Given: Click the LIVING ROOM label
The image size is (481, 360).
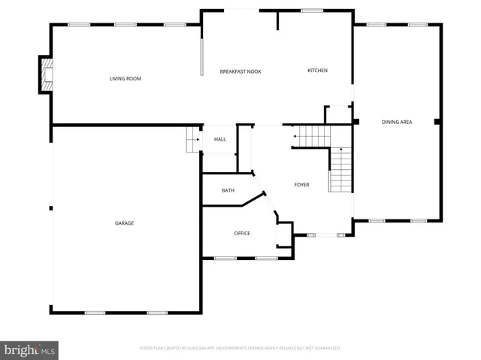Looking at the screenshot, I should point(126,78).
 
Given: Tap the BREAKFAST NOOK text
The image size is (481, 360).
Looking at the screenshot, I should point(240,71).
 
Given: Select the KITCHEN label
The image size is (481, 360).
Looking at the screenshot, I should point(317,71).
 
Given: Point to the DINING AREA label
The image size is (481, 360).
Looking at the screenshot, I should point(396,122).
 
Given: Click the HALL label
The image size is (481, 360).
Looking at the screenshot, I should point(220,139).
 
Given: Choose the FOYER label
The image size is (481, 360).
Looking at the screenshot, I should point(301,184).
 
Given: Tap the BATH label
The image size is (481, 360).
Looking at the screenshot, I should point(228,190).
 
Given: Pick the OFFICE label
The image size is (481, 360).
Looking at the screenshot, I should point(242,233).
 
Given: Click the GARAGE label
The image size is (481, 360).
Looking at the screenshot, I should point(124,223).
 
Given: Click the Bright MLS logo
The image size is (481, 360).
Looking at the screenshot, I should point(30,350).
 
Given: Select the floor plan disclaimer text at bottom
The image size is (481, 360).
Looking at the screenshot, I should point(240,349).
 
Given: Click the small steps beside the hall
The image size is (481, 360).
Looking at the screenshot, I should point(193,139).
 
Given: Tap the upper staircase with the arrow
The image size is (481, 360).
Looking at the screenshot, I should point(312,136).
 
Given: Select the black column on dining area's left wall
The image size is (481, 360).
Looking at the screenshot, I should point(355,121).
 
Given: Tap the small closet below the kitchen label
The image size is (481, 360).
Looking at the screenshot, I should point(337,115).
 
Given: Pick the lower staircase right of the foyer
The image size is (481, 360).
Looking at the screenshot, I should point(341,170).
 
